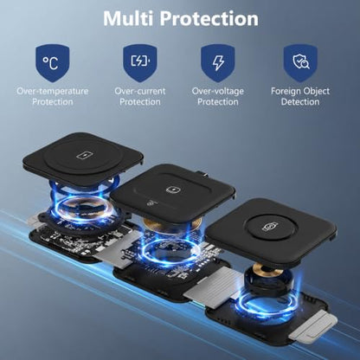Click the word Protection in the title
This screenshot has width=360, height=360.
coord(209,18)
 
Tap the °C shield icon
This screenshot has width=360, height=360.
coord(52,63)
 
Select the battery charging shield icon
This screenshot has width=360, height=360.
coord(140,63)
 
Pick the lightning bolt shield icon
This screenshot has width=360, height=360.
coord(218,63)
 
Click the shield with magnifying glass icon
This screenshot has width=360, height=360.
coord(300,63)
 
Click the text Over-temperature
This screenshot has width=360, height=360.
coord(53,91)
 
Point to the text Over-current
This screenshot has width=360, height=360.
coord(140,91)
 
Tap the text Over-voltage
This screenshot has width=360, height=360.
coord(218,92)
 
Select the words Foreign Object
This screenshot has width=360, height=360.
coord(300,92)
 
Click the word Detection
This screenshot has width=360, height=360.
coord(300,102)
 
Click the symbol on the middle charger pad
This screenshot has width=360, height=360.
coord(173,190)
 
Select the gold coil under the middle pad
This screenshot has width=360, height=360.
coord(172,222)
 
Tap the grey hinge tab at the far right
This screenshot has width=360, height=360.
coord(313,327)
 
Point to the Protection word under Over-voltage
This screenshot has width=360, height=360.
coord(218,102)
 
